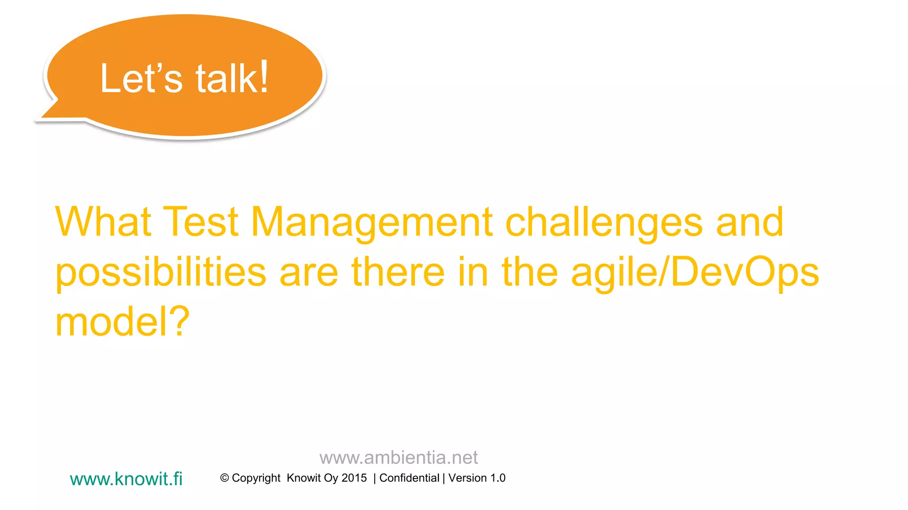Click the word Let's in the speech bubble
click(x=141, y=79)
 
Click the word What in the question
click(x=103, y=222)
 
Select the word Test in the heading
click(x=201, y=222)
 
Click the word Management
click(x=372, y=223)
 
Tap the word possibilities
click(x=160, y=273)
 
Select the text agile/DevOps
click(x=695, y=273)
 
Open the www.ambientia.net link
click(x=398, y=457)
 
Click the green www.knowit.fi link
click(x=126, y=479)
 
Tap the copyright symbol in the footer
click(x=224, y=478)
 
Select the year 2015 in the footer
click(x=354, y=478)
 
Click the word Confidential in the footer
click(x=409, y=478)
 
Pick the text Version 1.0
click(x=477, y=478)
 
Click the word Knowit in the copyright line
click(x=304, y=478)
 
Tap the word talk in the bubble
click(x=225, y=79)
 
